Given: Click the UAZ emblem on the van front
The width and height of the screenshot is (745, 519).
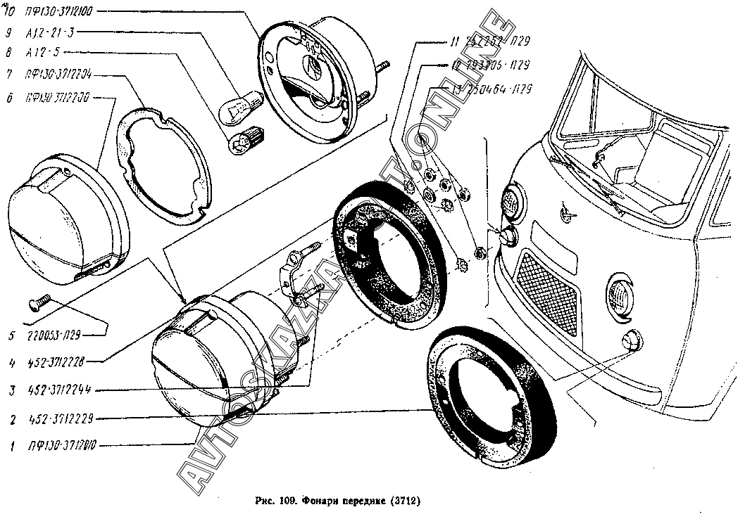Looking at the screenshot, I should (x=565, y=208).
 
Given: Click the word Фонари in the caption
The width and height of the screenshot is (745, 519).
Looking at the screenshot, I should (x=320, y=502).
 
